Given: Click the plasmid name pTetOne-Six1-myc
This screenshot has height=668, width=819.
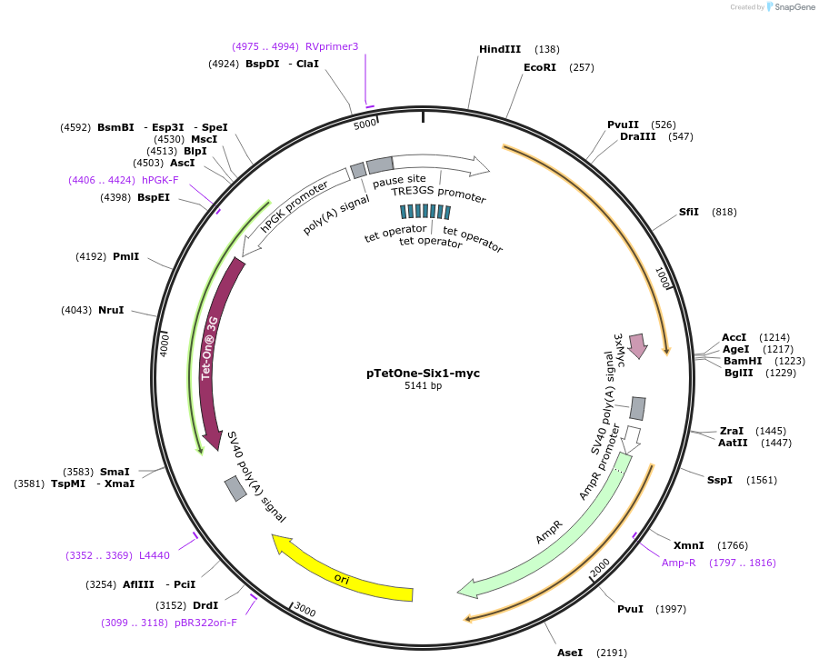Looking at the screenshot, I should click(x=423, y=373).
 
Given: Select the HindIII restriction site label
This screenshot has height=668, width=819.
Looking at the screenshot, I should click(x=499, y=49).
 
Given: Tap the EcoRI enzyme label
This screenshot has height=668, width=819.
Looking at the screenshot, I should click(x=539, y=67).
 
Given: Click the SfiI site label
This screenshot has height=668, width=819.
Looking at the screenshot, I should click(x=689, y=212).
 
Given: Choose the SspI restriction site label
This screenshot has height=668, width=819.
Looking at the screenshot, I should click(x=719, y=480).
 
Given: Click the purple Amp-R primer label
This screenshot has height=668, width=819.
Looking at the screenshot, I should click(x=678, y=563).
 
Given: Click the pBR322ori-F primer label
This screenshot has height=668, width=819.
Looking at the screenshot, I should click(x=205, y=623).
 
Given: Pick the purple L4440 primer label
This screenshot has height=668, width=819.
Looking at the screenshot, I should click(x=154, y=555).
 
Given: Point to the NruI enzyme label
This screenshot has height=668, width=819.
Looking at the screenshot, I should click(x=110, y=310).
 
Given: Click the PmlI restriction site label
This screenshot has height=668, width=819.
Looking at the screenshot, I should click(x=125, y=257).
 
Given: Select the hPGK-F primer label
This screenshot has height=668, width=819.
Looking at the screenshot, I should click(x=160, y=180).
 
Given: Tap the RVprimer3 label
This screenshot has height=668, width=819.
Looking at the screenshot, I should click(x=332, y=46).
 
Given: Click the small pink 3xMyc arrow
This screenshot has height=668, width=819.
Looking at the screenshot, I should click(x=637, y=345).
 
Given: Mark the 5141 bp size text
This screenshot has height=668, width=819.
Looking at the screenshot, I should click(x=423, y=386).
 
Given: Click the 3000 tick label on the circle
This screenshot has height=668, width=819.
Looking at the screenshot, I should click(x=305, y=611).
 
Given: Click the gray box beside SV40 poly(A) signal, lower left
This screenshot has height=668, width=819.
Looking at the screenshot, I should click(x=235, y=488).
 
